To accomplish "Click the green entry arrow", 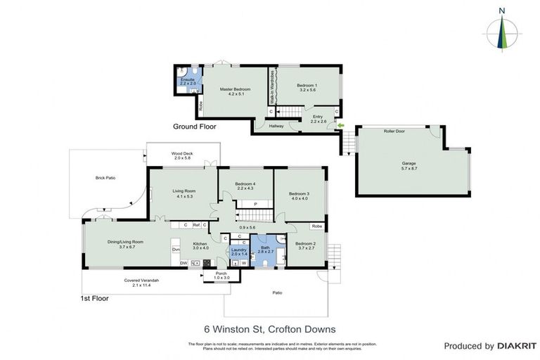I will pyautogui.click(x=341, y=127).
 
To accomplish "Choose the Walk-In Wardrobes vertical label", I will pyautogui.click(x=272, y=91).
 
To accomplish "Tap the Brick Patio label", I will pyautogui.click(x=105, y=178).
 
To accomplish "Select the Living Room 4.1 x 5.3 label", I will pyautogui.click(x=184, y=193).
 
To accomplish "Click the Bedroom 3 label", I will pyautogui.click(x=298, y=195).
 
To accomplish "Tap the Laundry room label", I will pyautogui.click(x=238, y=251).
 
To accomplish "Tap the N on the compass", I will pyautogui.click(x=501, y=11).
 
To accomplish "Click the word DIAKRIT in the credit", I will pyautogui.click(x=517, y=346).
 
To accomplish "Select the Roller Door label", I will pyautogui.click(x=393, y=131).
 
